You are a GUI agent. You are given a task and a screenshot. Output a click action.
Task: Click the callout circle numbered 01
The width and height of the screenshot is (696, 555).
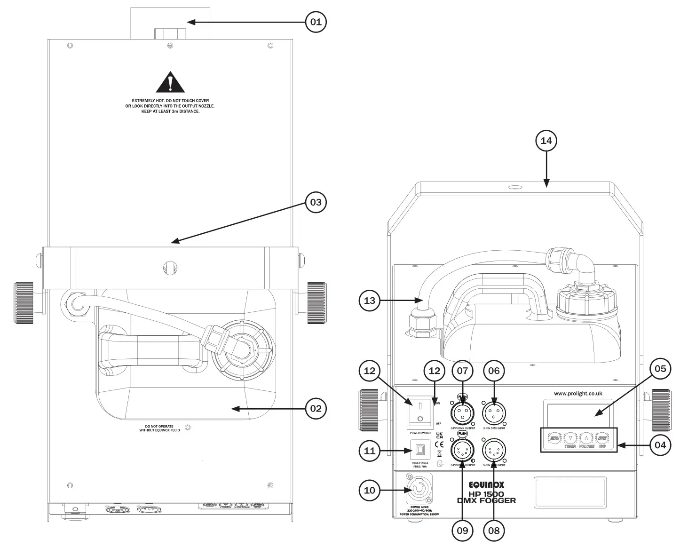click(316, 22)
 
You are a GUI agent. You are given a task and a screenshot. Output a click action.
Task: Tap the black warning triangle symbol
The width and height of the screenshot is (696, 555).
click(170, 82)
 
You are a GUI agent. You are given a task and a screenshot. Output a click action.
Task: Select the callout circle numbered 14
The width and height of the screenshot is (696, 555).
click(546, 141)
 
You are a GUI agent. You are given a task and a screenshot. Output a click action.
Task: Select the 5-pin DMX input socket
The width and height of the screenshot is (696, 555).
click(494, 451)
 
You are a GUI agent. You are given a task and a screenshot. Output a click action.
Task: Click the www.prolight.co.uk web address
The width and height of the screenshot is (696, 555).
click(578, 394)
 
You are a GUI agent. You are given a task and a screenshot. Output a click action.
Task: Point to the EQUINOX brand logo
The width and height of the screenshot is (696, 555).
click(486, 484)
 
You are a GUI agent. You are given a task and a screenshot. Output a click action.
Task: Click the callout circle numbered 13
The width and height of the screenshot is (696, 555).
click(370, 300)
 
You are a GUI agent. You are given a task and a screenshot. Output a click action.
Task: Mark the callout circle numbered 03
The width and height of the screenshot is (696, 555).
click(316, 202)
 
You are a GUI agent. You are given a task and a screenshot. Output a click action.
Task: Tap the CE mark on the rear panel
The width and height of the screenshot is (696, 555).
click(439, 444)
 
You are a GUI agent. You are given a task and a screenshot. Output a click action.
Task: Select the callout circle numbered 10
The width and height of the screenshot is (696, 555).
click(370, 491)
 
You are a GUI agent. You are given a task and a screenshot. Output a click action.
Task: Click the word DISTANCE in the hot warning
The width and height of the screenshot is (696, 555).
click(189, 111)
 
